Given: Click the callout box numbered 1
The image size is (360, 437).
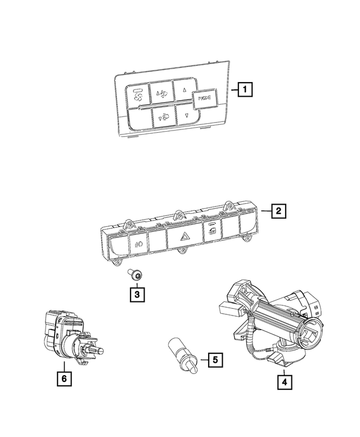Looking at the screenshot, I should click(244, 89).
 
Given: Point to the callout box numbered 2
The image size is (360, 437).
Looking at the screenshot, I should click(277, 212).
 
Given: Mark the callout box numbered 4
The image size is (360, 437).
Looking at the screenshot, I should click(285, 382).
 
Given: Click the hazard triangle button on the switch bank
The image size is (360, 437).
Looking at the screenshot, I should click(184, 238).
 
